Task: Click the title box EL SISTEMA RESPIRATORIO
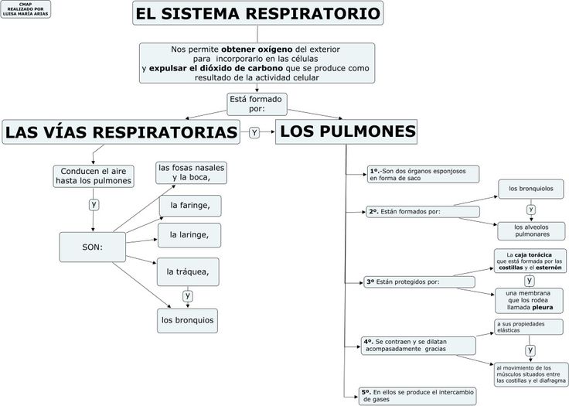point(257,13)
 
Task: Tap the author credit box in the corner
point(26,9)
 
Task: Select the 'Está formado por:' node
point(257,104)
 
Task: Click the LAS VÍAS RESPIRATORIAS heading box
point(121,131)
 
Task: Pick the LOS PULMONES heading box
point(346,131)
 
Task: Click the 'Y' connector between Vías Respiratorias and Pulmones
point(254,132)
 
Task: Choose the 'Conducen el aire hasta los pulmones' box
point(94,176)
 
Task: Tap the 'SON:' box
point(93,247)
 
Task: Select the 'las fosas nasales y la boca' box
point(191,173)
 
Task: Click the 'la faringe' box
point(190,206)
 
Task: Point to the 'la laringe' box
point(189,235)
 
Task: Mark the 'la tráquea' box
point(188,271)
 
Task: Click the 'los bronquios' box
point(187,321)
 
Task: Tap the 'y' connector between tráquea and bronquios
point(188,295)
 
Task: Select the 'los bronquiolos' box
point(531,189)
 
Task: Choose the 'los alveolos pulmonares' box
point(531,231)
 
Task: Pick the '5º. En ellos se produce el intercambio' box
point(417,396)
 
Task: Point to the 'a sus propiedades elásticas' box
point(529,327)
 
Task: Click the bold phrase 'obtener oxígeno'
point(257,49)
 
